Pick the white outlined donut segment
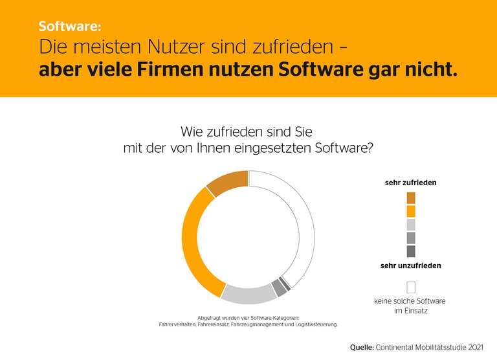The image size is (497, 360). point(304,220)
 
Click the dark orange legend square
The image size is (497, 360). point(411,197)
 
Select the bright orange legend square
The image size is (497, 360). point(411,211)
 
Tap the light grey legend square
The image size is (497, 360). point(411,225)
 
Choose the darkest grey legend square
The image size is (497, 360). point(411,251)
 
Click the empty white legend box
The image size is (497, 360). point(411,287)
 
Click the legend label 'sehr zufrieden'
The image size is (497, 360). point(410,183)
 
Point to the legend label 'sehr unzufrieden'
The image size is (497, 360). point(410,265)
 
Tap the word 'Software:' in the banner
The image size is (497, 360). point(70,27)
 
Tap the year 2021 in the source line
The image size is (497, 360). point(473,347)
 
